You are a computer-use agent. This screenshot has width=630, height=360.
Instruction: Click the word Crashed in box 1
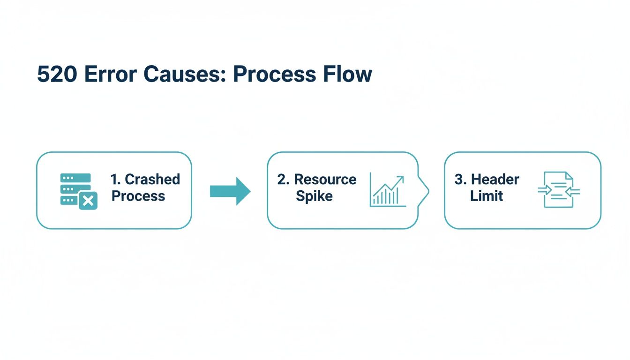coord(152,179)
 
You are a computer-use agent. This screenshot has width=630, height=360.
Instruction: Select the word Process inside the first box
coord(138,196)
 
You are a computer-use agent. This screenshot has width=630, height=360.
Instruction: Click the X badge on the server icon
coord(88,201)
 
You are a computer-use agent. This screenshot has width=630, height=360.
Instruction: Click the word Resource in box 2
coord(325,179)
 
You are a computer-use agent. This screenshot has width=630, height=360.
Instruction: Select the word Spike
coord(314,196)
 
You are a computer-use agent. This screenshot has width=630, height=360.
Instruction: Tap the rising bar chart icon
coord(387,190)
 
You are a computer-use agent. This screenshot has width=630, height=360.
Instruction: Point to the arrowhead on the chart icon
coord(400,179)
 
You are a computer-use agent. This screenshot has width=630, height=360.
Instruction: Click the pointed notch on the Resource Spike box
coord(427,190)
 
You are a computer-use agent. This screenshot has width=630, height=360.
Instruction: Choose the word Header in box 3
coord(495,179)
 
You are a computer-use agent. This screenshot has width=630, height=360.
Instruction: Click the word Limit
coord(487,196)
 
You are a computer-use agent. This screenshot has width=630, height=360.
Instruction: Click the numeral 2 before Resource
coord(282,179)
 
